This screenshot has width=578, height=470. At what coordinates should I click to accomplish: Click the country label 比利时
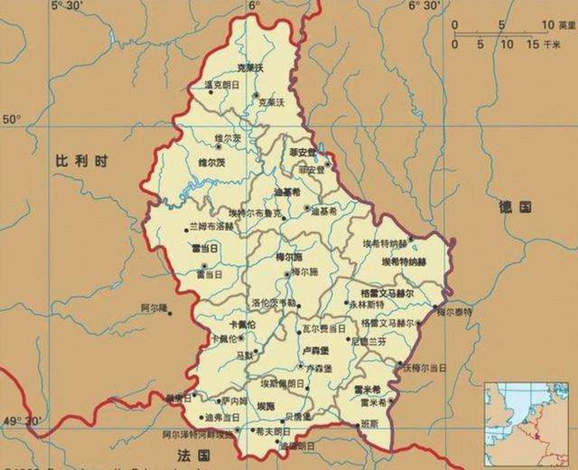click(81, 161)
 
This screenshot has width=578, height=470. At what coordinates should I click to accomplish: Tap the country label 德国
click(515, 207)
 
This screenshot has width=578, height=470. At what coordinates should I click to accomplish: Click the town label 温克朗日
click(222, 85)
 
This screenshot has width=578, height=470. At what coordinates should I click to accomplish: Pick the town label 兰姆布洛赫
click(211, 227)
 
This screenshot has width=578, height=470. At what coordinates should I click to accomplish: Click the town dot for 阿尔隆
click(170, 313)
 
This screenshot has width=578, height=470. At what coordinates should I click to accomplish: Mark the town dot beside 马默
click(256, 351)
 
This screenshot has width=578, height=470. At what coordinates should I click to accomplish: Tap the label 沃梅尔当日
click(425, 367)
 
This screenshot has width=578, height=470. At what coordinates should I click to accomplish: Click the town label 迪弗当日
click(222, 417)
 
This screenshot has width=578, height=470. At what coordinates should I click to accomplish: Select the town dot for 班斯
click(358, 426)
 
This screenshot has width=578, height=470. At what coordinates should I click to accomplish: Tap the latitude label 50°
click(12, 120)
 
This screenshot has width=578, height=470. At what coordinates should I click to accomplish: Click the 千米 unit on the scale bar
click(552, 45)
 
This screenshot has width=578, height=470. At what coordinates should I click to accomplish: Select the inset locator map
click(526, 424)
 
